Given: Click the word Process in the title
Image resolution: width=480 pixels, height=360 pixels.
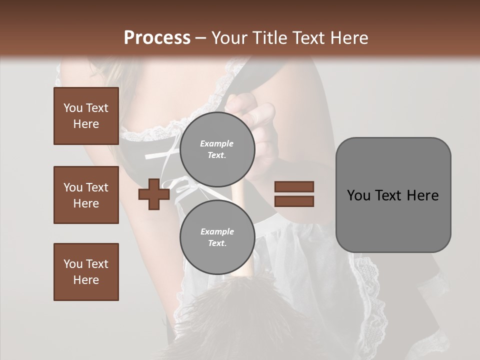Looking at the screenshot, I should [x=157, y=38].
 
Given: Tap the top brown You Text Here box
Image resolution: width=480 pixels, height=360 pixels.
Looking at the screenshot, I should [x=86, y=116].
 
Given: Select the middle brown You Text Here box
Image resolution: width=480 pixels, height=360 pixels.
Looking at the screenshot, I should [x=86, y=195].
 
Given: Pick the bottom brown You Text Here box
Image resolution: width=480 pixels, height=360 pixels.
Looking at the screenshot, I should [x=86, y=272].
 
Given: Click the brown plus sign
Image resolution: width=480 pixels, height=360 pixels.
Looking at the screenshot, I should [x=153, y=194].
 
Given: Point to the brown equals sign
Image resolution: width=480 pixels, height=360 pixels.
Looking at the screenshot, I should [x=294, y=194].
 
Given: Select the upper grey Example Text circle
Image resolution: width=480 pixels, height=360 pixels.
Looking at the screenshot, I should [x=217, y=149].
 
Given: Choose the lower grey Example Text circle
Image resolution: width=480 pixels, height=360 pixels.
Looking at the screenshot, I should [x=217, y=237].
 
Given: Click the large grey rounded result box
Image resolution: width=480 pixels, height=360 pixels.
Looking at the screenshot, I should [x=393, y=195].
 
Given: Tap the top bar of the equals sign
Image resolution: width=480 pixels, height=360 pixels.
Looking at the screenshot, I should [x=294, y=187].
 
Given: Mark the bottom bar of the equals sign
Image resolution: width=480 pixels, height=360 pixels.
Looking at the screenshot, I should [x=294, y=201].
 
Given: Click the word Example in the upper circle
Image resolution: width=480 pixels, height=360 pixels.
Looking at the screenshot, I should [x=217, y=143].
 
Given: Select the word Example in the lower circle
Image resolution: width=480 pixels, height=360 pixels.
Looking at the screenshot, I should [x=217, y=231].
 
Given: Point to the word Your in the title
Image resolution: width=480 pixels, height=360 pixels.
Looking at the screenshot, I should [x=228, y=38].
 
